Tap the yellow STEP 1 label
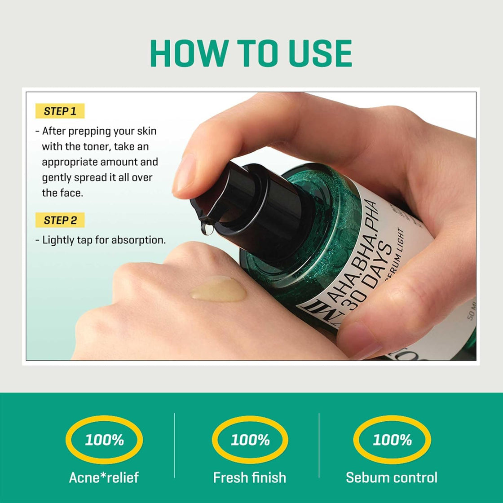pyautogui.click(x=60, y=111)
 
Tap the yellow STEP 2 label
pyautogui.click(x=60, y=220)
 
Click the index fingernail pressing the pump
pyautogui.click(x=185, y=173)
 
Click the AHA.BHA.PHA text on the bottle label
pyautogui.click(x=355, y=251)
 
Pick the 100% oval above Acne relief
pyautogui.click(x=104, y=439)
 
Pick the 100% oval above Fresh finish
pyautogui.click(x=250, y=439)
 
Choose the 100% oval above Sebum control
pyautogui.click(x=392, y=439)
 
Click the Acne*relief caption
pyautogui.click(x=104, y=477)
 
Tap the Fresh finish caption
pyautogui.click(x=249, y=477)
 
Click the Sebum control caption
pyautogui.click(x=391, y=477)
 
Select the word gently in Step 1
pyautogui.click(x=57, y=177)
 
